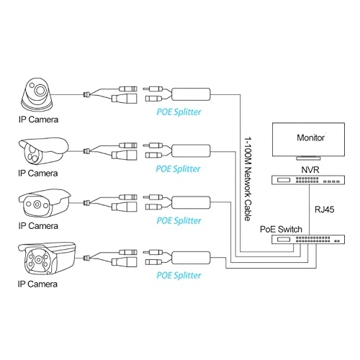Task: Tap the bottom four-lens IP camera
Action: tap(46, 261)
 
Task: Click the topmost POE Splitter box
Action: tap(190, 94)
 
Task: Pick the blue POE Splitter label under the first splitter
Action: tap(180, 113)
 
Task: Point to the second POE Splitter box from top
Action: tap(190, 149)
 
